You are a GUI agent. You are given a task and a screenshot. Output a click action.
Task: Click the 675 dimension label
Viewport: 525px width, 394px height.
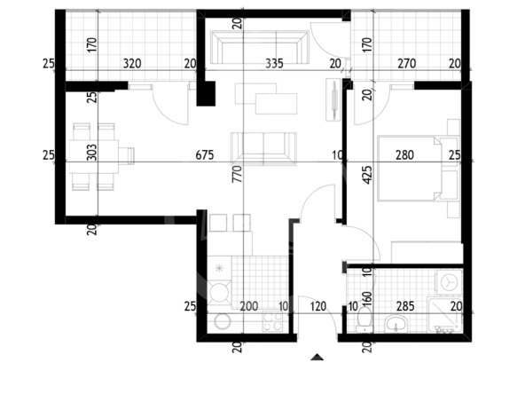205,155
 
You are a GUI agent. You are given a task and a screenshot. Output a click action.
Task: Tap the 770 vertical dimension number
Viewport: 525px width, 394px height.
237,174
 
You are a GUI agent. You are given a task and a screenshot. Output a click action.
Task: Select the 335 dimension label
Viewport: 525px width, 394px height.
274,63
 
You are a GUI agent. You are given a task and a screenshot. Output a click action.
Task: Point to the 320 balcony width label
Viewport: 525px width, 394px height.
132,63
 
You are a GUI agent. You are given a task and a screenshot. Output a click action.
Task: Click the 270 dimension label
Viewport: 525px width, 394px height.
407,63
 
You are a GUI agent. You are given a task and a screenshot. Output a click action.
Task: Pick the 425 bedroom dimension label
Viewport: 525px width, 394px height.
367,175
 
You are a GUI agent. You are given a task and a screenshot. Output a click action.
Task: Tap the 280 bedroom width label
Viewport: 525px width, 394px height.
404,155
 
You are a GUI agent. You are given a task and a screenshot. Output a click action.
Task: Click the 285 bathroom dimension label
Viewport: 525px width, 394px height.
405,306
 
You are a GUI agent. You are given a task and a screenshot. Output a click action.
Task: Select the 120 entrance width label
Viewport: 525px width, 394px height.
317,306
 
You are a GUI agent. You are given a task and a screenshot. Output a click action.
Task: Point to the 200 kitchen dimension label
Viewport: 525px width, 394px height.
249,306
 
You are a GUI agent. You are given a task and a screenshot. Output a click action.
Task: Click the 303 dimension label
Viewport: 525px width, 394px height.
91,153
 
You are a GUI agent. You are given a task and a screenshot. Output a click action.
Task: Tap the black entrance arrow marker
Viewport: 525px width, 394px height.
317,357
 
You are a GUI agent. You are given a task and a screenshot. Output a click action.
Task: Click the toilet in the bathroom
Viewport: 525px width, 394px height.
364,319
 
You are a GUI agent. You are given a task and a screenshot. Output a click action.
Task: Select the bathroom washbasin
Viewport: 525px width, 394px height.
396,324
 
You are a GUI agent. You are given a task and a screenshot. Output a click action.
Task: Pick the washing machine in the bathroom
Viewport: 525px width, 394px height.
449,282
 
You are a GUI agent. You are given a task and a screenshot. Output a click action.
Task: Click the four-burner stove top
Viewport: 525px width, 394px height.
272,321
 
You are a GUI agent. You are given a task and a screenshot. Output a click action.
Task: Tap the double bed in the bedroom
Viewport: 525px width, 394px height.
418,169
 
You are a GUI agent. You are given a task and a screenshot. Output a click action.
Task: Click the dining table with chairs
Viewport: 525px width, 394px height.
101,157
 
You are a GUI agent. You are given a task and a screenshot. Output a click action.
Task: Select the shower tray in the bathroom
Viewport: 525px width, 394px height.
444,315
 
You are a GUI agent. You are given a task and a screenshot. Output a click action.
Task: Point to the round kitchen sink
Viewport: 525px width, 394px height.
223,321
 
